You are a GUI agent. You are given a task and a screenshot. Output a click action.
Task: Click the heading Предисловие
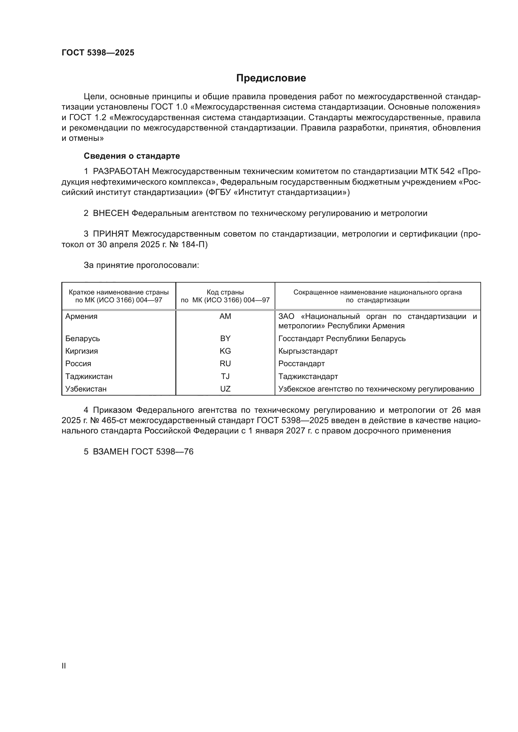click(x=271, y=78)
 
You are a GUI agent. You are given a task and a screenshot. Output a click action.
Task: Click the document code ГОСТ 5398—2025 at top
click(x=98, y=53)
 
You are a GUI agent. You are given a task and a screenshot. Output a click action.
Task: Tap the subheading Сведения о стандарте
click(x=132, y=156)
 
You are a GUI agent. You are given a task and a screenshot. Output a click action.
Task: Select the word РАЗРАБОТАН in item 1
click(x=121, y=171)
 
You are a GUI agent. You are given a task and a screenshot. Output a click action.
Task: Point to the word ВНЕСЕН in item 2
click(x=111, y=213)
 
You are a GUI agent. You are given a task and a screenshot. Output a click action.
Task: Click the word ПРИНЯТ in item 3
click(x=111, y=234)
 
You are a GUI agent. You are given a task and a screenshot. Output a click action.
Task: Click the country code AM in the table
click(x=225, y=317)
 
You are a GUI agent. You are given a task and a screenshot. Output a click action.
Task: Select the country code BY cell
click(x=225, y=339)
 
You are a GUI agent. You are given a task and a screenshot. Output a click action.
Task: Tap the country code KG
click(x=225, y=351)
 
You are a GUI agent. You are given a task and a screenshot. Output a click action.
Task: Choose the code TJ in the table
click(x=225, y=376)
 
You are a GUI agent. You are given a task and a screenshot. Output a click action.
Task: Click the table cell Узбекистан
click(x=86, y=389)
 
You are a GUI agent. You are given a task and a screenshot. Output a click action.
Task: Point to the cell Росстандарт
click(x=301, y=364)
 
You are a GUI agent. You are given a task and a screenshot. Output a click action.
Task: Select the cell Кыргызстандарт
click(x=308, y=351)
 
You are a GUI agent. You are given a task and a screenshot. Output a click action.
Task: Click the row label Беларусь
click(x=83, y=339)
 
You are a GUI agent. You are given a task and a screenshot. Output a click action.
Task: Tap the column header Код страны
click(x=225, y=292)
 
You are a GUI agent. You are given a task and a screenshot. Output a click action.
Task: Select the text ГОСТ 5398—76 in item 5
click(x=162, y=452)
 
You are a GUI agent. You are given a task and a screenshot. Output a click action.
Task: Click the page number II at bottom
click(x=64, y=666)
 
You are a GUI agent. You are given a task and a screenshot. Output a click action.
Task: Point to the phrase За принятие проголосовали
click(x=141, y=265)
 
